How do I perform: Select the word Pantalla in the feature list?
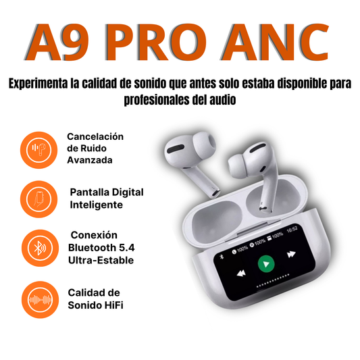click(x=92, y=192)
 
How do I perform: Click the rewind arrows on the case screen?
click(x=240, y=274)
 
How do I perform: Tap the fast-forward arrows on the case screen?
click(x=292, y=254)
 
